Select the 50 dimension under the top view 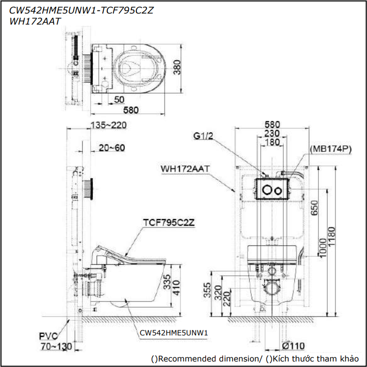click(119, 99)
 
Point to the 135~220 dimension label click(108, 125)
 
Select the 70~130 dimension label click(56, 346)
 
